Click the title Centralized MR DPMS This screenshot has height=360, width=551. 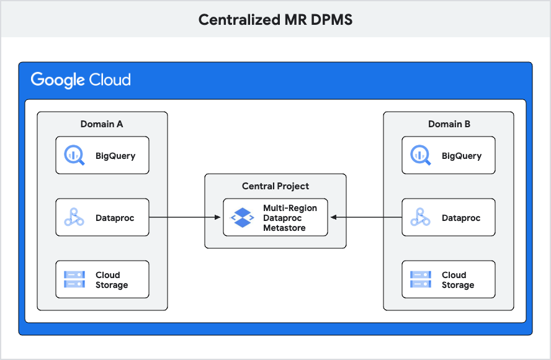pos(275,19)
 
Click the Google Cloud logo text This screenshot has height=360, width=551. pos(81,80)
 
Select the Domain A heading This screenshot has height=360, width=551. pos(102,124)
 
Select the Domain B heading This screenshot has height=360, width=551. pos(449,124)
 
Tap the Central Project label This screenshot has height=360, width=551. pos(275,186)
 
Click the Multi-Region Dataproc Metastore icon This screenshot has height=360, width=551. pos(242,217)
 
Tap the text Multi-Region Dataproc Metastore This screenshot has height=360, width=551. pos(290,218)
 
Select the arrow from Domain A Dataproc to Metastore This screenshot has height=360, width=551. pos(186,217)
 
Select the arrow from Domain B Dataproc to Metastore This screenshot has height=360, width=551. pos(366,217)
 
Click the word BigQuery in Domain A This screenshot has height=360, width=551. pos(115,156)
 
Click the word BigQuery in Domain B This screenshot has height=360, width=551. pos(461,156)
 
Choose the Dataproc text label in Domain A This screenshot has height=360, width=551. pos(115,218)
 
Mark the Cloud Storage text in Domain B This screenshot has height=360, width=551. pos(458,280)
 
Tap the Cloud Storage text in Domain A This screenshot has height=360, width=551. pos(112,280)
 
